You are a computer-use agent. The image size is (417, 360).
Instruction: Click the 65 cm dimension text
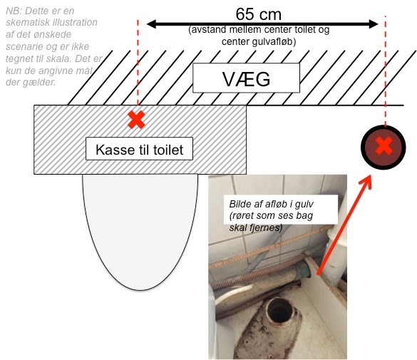258,14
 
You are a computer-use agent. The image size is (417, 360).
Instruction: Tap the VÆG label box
246,78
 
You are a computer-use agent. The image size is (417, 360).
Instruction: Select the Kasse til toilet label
139,149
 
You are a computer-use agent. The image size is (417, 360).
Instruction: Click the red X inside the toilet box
136,120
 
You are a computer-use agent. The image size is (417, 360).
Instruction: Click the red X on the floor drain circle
383,145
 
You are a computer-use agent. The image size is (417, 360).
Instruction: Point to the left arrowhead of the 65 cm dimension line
151,24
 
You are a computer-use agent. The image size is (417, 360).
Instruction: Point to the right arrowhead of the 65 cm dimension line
374,24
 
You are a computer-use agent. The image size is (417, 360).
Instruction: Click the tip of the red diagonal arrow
370,176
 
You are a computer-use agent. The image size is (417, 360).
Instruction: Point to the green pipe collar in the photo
304,269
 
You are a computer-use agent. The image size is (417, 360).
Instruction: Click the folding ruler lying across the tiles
271,247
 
